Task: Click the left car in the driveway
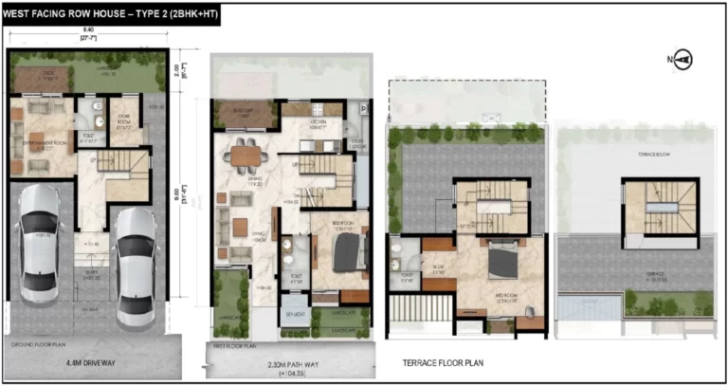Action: tap(40, 242)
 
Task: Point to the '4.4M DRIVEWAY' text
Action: tap(99, 361)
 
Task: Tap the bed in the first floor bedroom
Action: tap(345, 252)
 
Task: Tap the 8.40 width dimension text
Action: tap(87, 31)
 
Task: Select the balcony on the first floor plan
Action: tap(243, 114)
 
